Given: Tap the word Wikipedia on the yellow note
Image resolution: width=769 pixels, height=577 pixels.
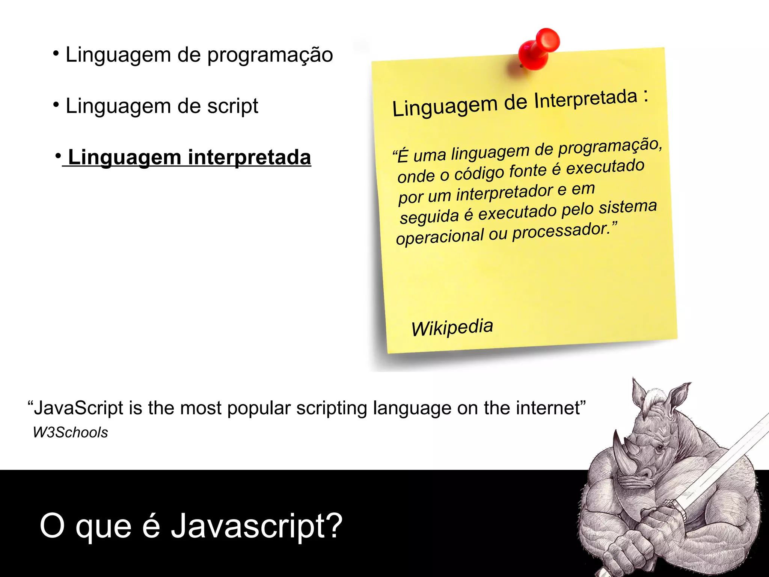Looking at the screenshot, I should click(x=452, y=327).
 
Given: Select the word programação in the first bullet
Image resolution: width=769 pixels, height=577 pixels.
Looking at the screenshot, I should click(x=270, y=55).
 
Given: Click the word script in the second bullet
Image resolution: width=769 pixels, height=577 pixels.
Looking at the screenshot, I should click(x=232, y=106).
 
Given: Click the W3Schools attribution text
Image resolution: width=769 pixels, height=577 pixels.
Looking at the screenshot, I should click(x=70, y=432).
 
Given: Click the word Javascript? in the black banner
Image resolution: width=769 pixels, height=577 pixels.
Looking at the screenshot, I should click(x=256, y=526).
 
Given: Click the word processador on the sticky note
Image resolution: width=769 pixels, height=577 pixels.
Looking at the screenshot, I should click(x=561, y=231).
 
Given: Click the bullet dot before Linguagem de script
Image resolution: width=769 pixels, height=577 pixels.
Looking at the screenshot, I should click(x=56, y=104).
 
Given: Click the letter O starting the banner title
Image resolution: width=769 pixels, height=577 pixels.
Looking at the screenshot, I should click(x=52, y=526).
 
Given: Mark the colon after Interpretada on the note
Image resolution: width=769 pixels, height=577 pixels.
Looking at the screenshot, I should click(x=645, y=97).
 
